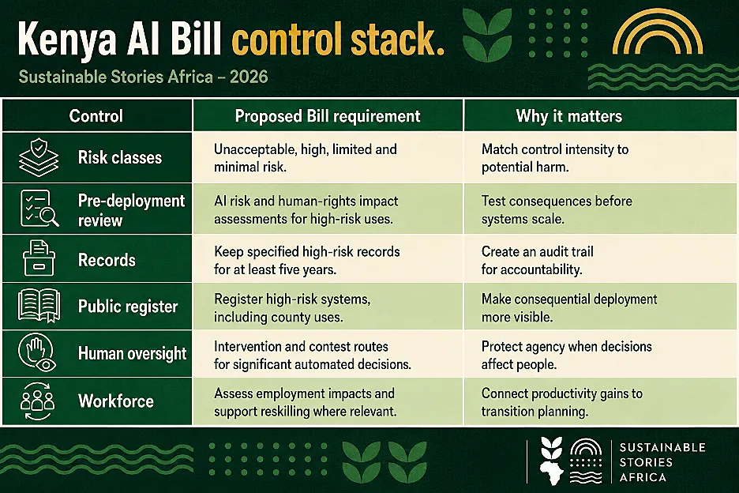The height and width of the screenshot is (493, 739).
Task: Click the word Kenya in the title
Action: [x=67, y=40]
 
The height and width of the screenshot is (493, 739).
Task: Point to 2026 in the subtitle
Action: [x=249, y=77]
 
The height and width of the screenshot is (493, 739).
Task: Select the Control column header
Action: [x=96, y=116]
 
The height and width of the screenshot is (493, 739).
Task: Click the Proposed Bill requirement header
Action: [x=328, y=116]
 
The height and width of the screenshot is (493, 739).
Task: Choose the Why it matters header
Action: [x=569, y=116]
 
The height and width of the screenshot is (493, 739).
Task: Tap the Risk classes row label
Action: [x=120, y=157]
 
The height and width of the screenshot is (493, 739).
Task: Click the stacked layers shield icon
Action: [x=39, y=157]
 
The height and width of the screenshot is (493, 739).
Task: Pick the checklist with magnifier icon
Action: [x=39, y=209]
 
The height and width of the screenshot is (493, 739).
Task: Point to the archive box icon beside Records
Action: [x=39, y=258]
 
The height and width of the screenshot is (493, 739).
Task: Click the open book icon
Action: [x=39, y=306]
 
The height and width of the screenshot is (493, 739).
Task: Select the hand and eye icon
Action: [x=37, y=353]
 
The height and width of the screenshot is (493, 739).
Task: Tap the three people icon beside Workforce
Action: [x=38, y=401]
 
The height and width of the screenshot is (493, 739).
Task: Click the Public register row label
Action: [x=128, y=307]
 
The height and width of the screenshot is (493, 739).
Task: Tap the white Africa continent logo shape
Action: [x=551, y=472]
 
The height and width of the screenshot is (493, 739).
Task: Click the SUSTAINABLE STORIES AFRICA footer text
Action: [x=662, y=462]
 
